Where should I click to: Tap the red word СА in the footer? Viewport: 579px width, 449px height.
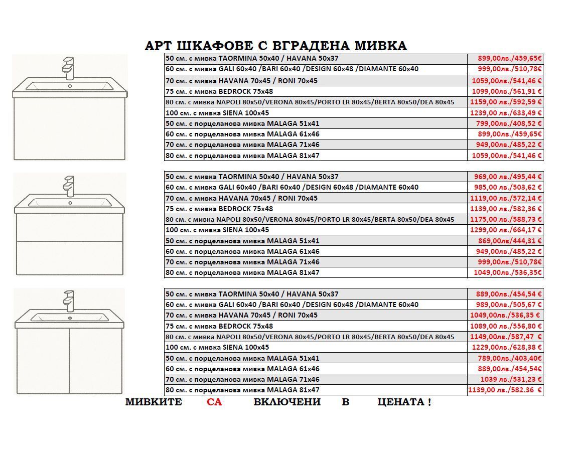click(x=214, y=402)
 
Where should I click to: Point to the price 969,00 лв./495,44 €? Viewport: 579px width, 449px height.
click(x=508, y=177)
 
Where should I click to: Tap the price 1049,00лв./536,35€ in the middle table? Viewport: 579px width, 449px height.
click(x=508, y=272)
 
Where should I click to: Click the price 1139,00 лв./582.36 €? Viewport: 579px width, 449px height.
click(x=505, y=390)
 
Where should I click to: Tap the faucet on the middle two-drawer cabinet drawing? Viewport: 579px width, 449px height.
click(x=69, y=185)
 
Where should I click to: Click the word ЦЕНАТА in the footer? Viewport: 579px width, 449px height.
click(x=401, y=402)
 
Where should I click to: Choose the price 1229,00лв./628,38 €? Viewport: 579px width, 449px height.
click(x=507, y=347)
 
